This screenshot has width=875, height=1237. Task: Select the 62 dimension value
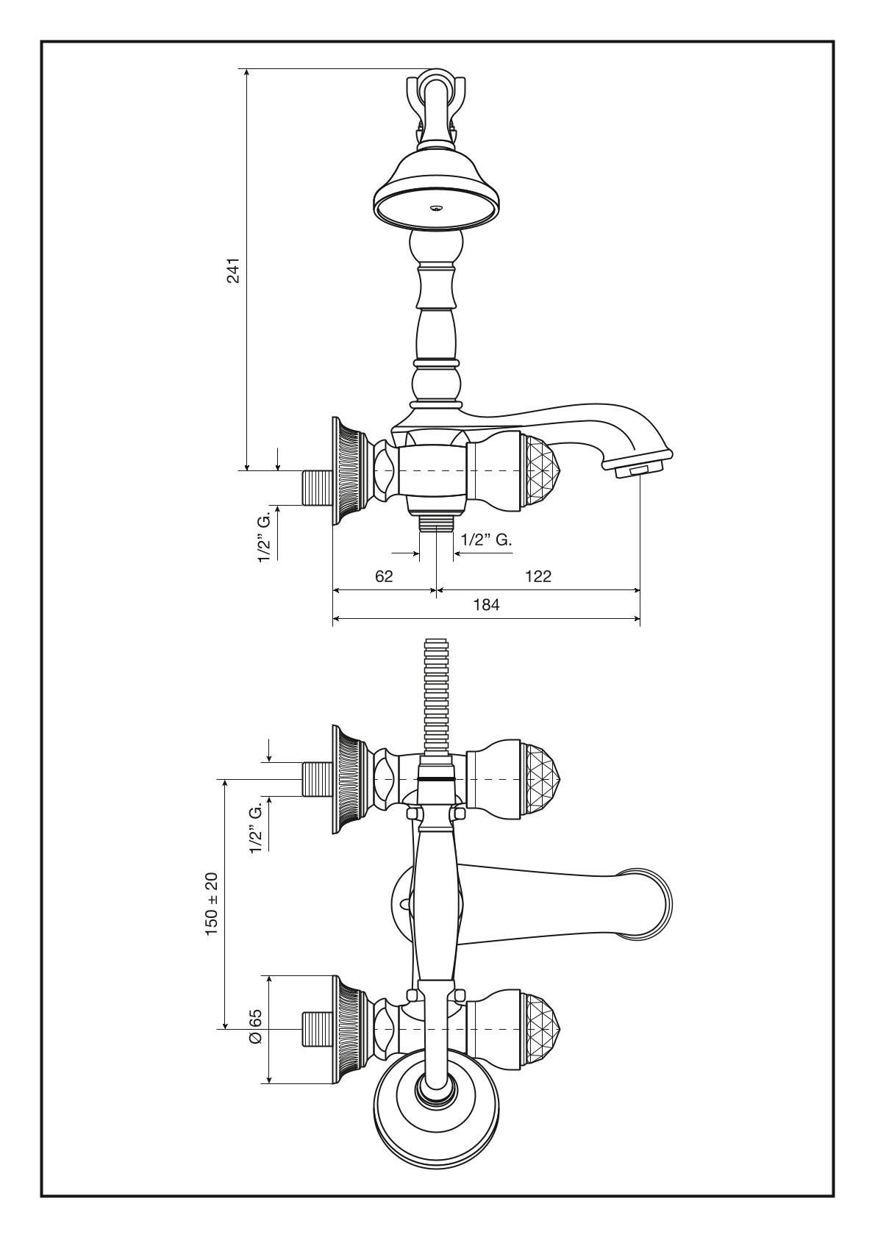click(x=384, y=576)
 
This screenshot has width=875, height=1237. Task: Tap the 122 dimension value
click(x=538, y=576)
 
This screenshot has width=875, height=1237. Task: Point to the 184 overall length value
click(x=487, y=605)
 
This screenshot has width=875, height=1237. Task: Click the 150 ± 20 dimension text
click(x=212, y=904)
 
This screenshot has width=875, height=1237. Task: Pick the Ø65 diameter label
click(x=255, y=1026)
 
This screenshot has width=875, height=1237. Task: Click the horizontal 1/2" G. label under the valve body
click(x=486, y=539)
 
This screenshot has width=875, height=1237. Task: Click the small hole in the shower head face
click(x=437, y=209)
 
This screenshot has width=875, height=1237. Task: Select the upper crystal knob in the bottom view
click(x=540, y=779)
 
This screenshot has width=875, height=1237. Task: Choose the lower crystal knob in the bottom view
click(x=540, y=1028)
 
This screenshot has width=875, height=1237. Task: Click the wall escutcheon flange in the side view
click(x=349, y=471)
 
